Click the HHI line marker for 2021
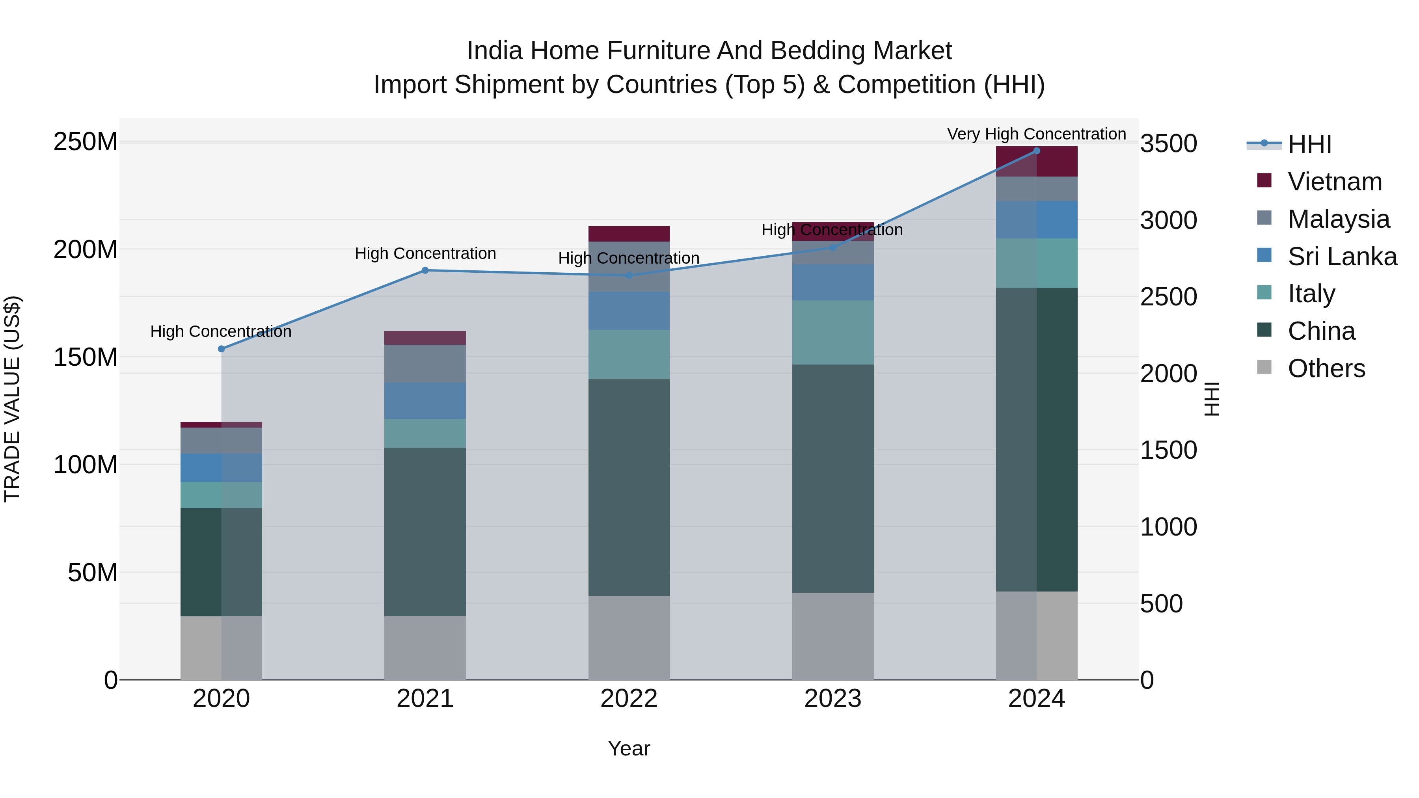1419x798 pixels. (x=425, y=270)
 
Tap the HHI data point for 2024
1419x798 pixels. (x=1036, y=151)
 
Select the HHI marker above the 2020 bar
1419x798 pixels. (x=222, y=349)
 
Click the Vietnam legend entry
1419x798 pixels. (x=1334, y=182)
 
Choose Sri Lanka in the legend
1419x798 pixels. (x=1342, y=257)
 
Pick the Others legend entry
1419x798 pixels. (x=1326, y=368)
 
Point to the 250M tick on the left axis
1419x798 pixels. (x=86, y=142)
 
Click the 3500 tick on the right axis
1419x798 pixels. (x=1168, y=144)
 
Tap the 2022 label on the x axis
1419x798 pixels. (x=629, y=699)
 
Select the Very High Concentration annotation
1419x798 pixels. (x=1036, y=134)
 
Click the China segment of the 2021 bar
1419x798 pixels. (x=425, y=532)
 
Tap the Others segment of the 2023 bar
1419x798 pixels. (x=832, y=636)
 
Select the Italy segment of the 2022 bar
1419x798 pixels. (x=629, y=354)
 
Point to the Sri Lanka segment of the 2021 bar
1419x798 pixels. (x=425, y=401)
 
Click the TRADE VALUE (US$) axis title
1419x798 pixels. (x=12, y=399)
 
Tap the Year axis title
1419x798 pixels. (x=629, y=748)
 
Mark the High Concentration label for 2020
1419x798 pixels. (x=221, y=331)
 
